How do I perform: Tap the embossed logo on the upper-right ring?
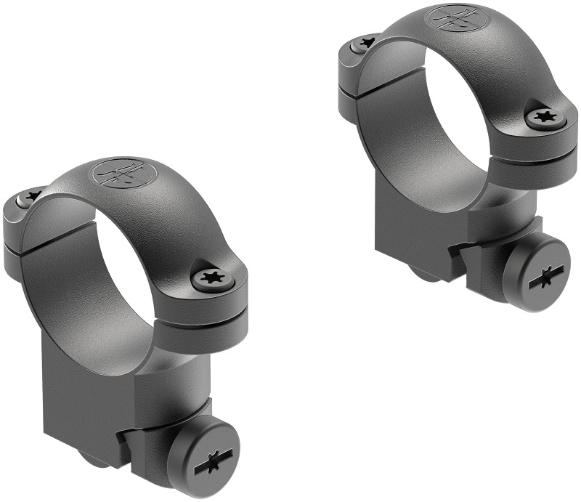pyautogui.click(x=450, y=17)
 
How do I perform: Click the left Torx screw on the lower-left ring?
pyautogui.click(x=31, y=195)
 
